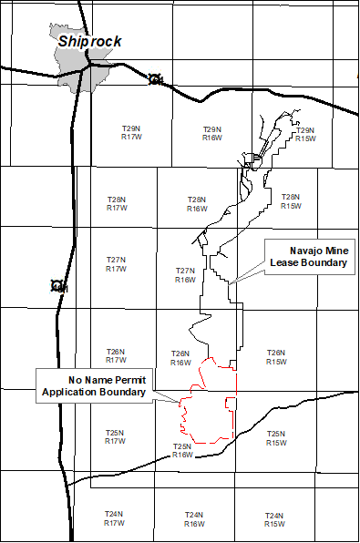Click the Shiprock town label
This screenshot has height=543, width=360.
(89, 41)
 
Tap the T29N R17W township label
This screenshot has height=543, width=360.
(131, 133)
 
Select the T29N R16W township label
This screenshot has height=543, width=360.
(211, 134)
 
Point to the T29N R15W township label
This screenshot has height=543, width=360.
(305, 135)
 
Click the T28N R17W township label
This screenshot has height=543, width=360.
(117, 203)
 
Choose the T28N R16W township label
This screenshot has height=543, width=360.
(197, 204)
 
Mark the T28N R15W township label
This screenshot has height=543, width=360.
(291, 201)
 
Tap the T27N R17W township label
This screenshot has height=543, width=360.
(116, 264)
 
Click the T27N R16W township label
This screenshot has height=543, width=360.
(185, 275)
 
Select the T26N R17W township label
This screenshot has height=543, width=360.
(115, 355)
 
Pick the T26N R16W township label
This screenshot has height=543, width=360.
(180, 358)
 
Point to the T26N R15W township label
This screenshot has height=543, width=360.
(276, 357)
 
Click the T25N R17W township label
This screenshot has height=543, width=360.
(114, 437)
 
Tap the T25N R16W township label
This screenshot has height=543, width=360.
(182, 450)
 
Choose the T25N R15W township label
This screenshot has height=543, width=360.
(276, 438)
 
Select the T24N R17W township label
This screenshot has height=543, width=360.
(113, 518)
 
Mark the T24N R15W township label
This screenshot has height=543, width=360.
(273, 519)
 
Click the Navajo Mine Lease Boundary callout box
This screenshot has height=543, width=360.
(308, 256)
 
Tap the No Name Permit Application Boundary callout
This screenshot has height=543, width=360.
(94, 385)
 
